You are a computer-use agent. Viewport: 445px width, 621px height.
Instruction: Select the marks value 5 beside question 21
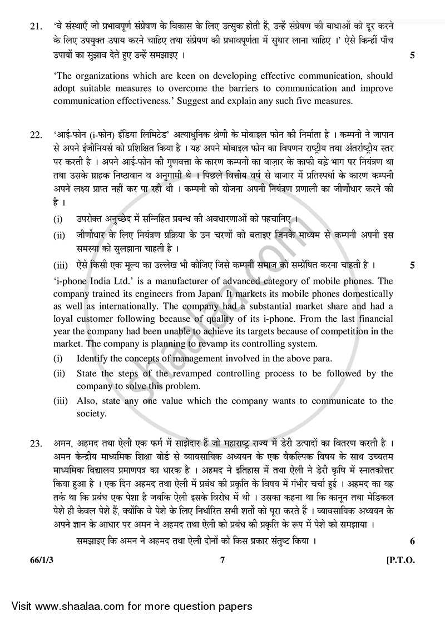coord(412,56)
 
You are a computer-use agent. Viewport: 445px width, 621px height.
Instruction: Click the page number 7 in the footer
coord(222,561)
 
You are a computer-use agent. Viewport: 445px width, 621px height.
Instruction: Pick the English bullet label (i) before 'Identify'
coord(57,358)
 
